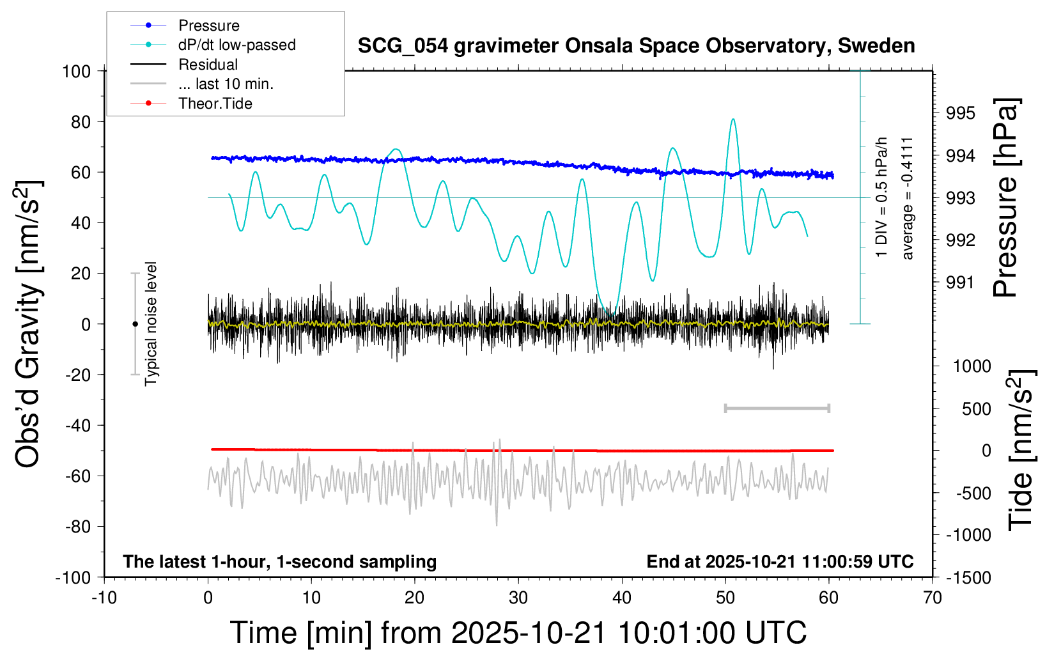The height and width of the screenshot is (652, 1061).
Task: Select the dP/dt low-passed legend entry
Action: [236, 45]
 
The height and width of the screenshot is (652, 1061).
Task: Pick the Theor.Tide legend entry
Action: [215, 104]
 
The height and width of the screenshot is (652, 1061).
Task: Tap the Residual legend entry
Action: [208, 65]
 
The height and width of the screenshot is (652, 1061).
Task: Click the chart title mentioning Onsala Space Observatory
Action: [636, 46]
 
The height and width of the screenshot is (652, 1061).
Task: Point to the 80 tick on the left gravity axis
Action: [81, 121]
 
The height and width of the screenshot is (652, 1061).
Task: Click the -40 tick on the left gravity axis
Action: [77, 425]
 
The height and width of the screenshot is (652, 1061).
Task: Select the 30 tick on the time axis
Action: [518, 598]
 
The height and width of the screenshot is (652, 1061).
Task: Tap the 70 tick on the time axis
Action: [933, 598]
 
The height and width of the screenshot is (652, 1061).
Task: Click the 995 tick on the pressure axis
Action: [961, 113]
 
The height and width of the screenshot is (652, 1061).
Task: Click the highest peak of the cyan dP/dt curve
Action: [732, 119]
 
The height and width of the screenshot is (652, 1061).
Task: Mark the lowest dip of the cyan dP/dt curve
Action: [610, 313]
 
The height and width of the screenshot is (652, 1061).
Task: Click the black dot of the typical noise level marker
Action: [135, 324]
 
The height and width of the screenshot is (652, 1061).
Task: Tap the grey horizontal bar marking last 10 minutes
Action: [777, 408]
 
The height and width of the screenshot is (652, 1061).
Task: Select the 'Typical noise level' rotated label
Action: [151, 323]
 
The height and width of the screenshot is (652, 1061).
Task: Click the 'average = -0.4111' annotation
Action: [907, 198]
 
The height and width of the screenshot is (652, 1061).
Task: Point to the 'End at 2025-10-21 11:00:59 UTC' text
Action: [780, 561]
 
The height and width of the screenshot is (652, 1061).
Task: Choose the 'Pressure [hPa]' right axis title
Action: [1005, 198]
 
